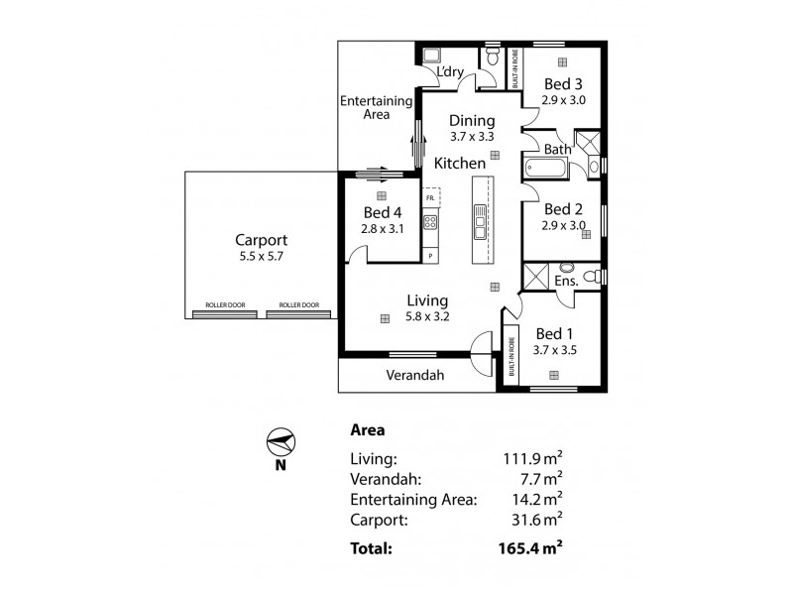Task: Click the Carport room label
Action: pyautogui.click(x=261, y=240)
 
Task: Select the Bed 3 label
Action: pyautogui.click(x=562, y=83)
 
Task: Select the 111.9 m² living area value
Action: pyautogui.click(x=533, y=459)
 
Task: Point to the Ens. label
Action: pyautogui.click(x=566, y=282)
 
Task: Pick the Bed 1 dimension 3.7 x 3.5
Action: pyautogui.click(x=554, y=350)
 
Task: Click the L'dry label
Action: pyautogui.click(x=452, y=73)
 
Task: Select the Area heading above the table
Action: pyautogui.click(x=368, y=430)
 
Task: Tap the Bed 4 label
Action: pyautogui.click(x=382, y=213)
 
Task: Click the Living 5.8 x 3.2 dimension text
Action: pyautogui.click(x=427, y=317)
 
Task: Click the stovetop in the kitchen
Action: pyautogui.click(x=431, y=222)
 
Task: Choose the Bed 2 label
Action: pyautogui.click(x=562, y=209)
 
